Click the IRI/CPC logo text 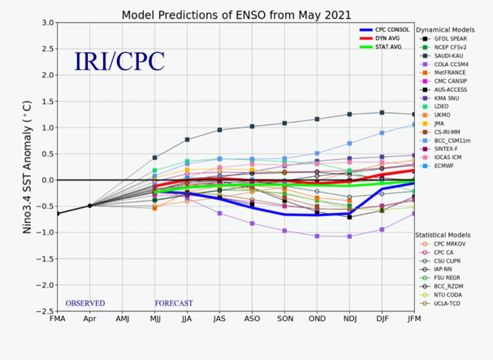click(119, 62)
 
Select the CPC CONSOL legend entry click(392, 29)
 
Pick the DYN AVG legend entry click(388, 38)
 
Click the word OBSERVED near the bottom click(85, 303)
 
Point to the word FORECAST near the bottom click(172, 303)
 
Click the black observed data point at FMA click(58, 213)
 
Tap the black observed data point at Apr click(89, 206)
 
